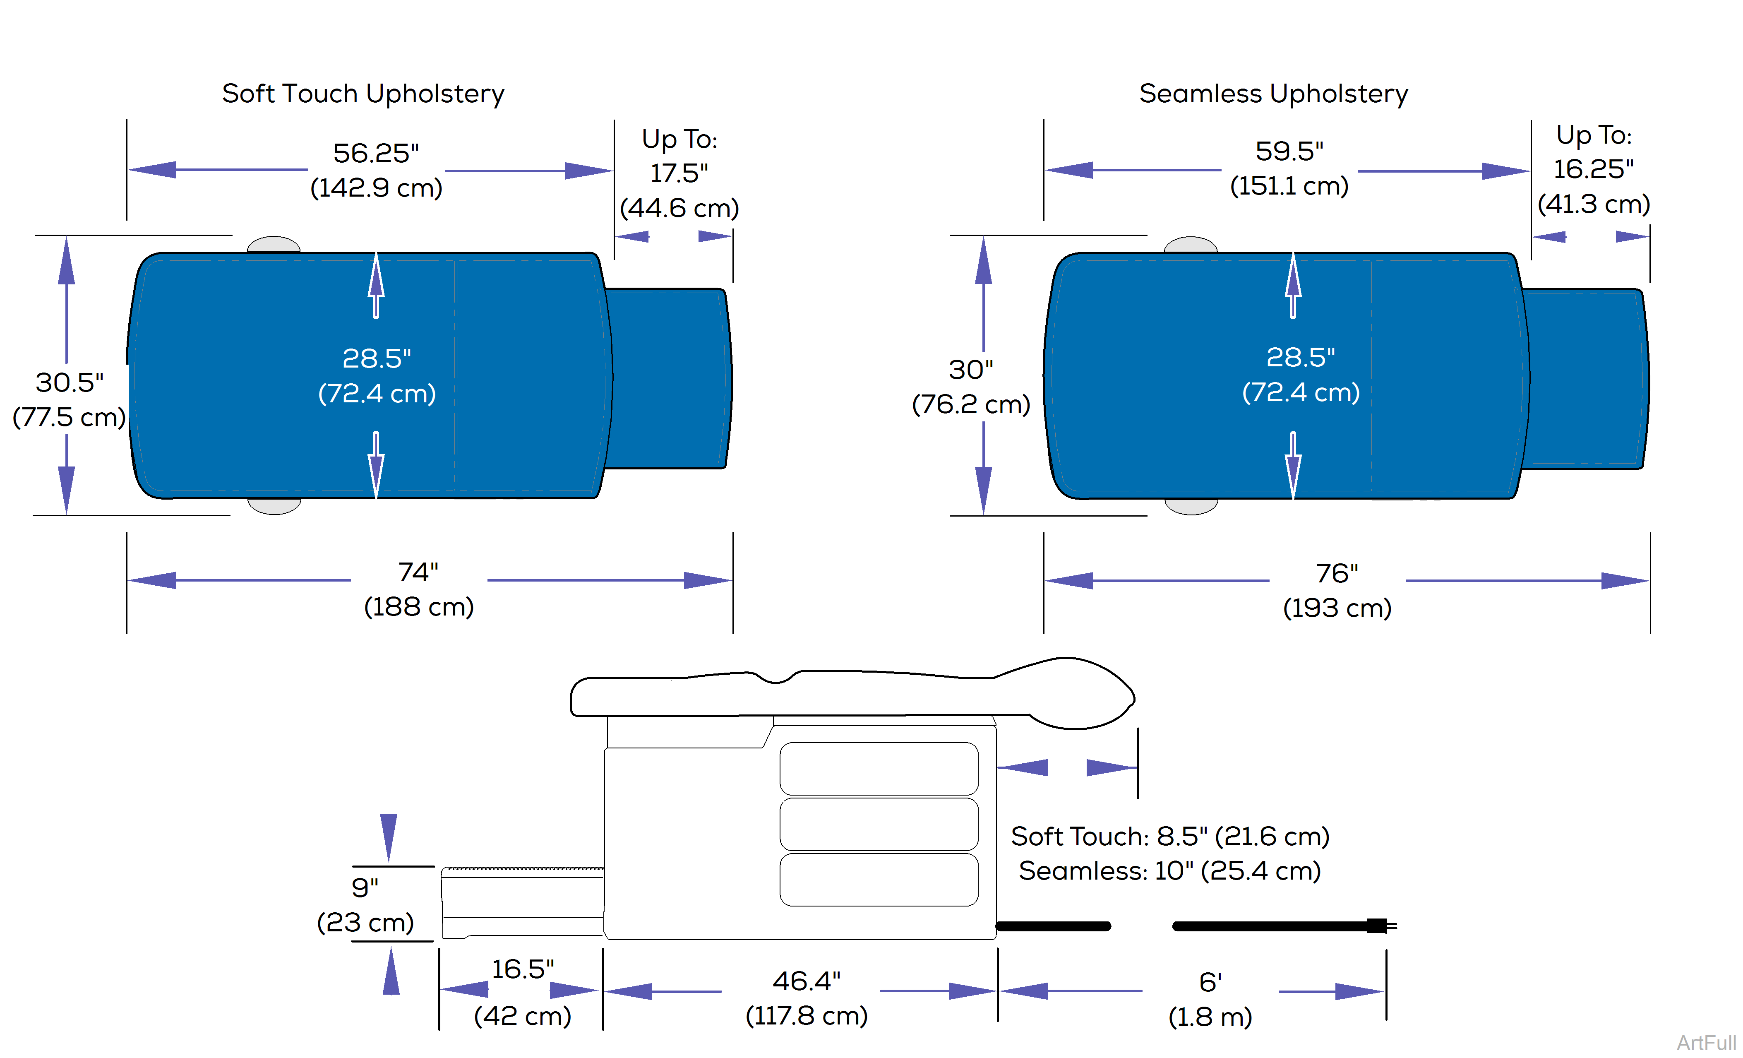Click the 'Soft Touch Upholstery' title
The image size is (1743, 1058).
pos(363,94)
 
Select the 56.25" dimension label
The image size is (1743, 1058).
pos(376,153)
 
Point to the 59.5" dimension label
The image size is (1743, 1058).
pos(1289,151)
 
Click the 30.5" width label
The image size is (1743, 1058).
pos(70,383)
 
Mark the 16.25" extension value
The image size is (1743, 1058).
pos(1593,169)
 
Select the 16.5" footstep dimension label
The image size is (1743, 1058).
pos(523,969)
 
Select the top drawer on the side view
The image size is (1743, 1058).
pos(879,769)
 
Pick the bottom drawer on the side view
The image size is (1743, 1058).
pos(879,880)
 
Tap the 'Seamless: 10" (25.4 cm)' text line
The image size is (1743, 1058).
pos(1169,870)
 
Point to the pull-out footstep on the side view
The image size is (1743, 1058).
pos(523,902)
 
